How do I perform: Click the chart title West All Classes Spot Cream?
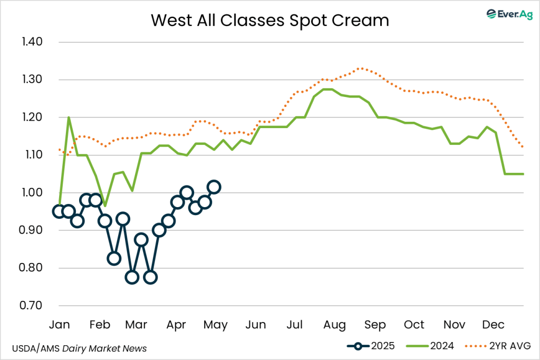point(269,20)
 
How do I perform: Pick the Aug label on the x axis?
point(334,324)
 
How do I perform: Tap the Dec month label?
point(495,324)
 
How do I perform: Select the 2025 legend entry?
point(370,346)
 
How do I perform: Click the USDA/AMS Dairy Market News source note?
point(79,348)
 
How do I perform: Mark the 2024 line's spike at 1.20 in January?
point(69,117)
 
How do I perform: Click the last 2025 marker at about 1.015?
point(214,187)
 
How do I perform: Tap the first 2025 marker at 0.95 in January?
point(59,211)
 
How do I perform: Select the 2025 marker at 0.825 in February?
point(114,258)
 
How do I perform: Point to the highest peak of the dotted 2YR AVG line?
point(360,68)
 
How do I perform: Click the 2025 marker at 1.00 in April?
point(186,192)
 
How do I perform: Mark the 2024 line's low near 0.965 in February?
point(105,206)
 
